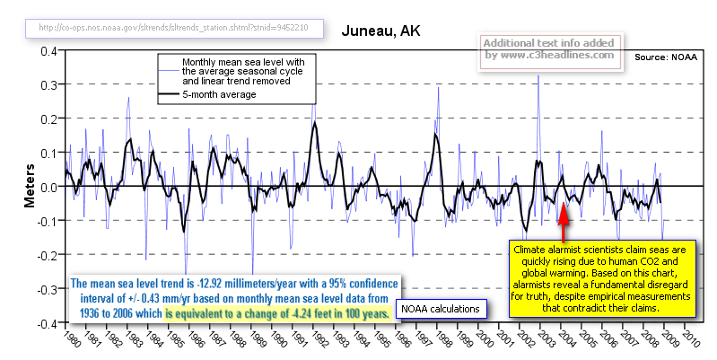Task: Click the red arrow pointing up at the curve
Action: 563,217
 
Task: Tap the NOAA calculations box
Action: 442,310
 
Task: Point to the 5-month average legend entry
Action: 221,94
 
